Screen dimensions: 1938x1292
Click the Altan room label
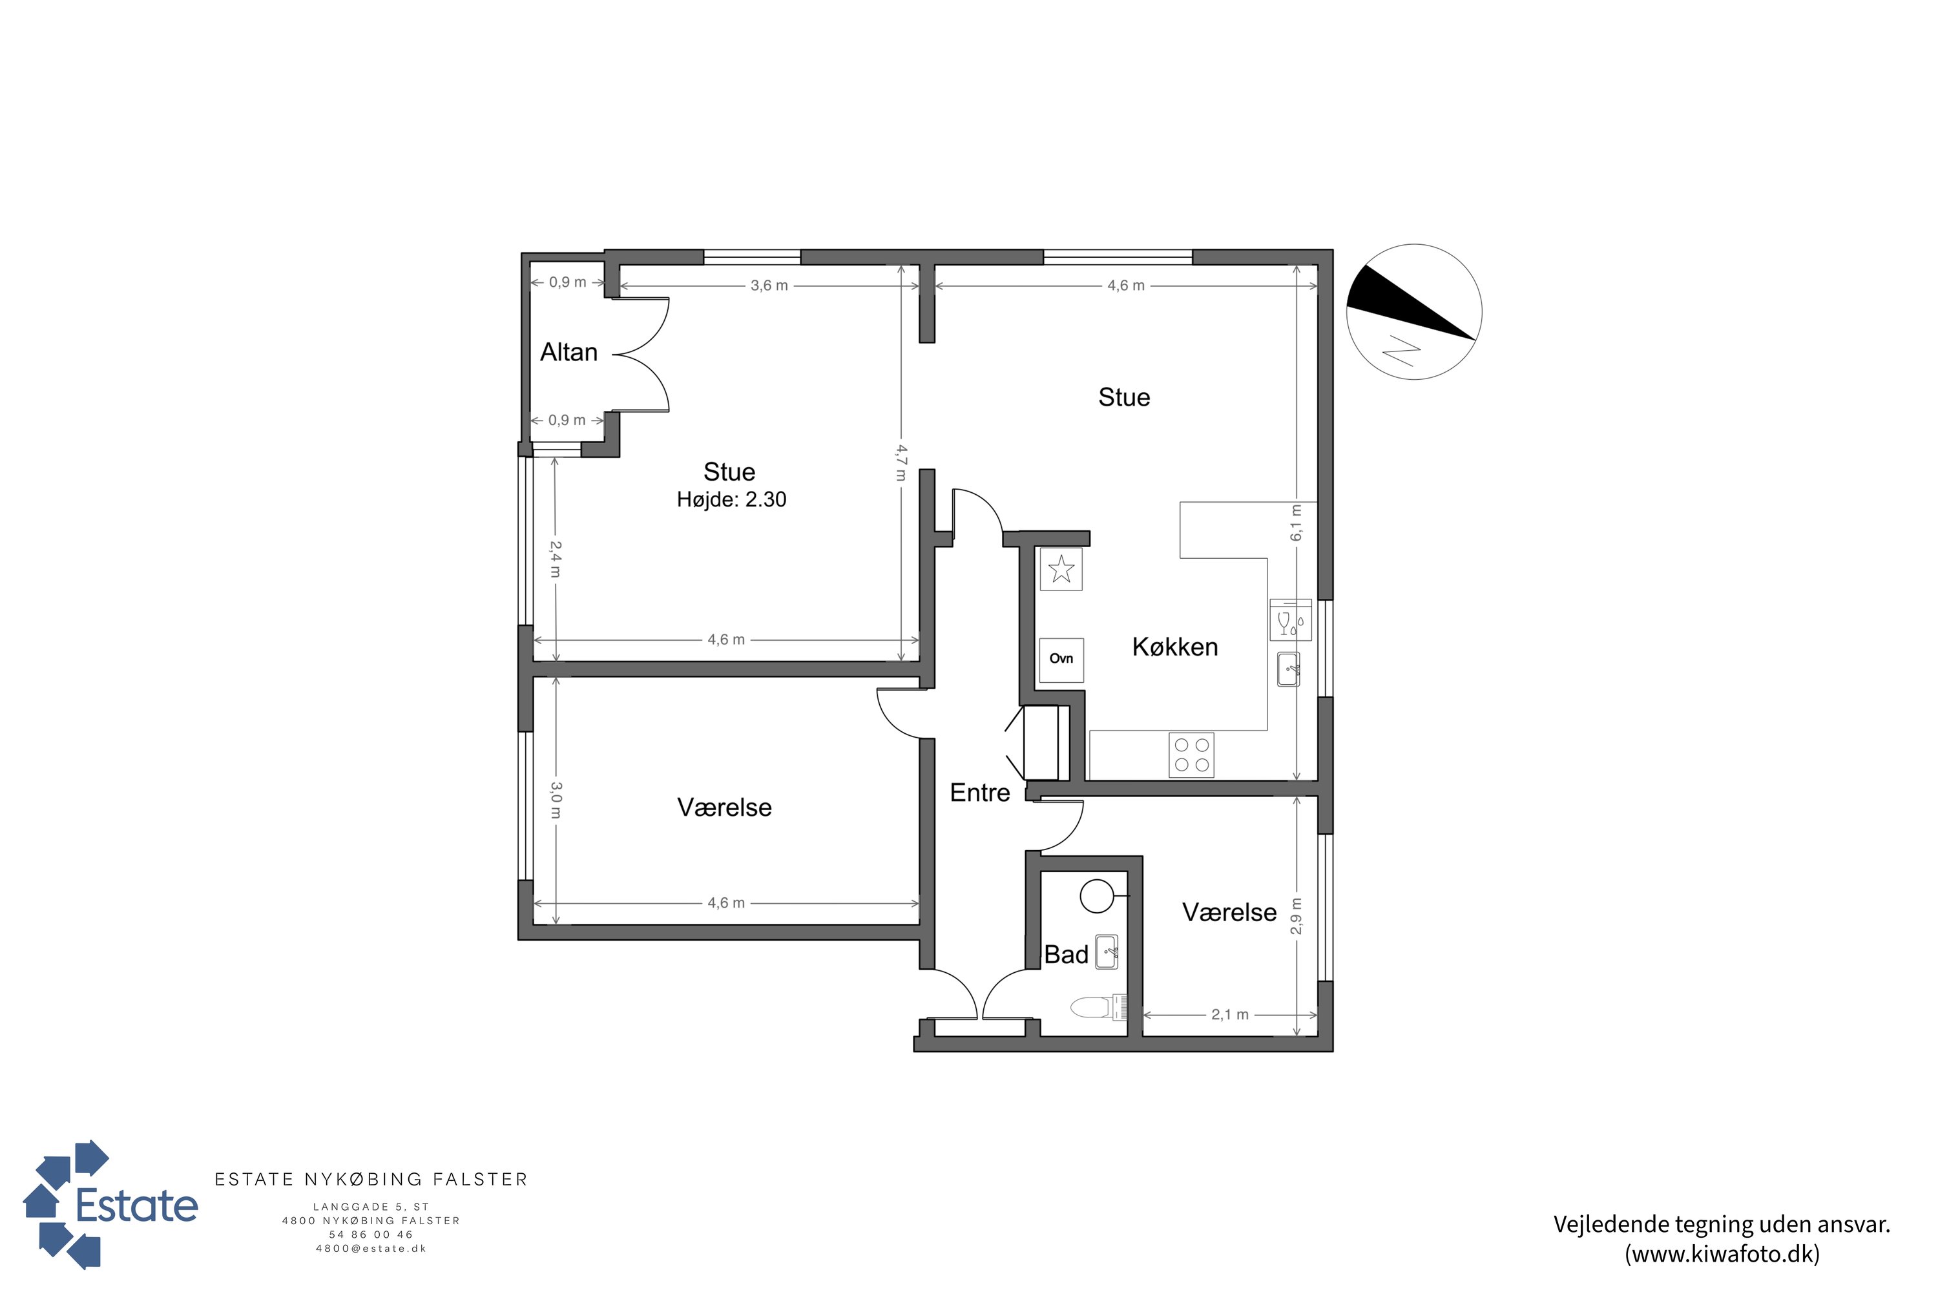click(x=568, y=353)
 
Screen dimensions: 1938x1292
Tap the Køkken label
click(x=1175, y=647)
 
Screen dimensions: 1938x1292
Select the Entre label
click(x=980, y=793)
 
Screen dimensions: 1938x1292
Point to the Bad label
click(x=1067, y=955)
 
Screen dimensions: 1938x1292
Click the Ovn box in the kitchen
click(x=1061, y=659)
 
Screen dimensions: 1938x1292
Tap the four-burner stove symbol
click(x=1191, y=755)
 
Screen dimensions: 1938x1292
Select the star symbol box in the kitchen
click(x=1061, y=568)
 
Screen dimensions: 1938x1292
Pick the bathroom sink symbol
click(x=1107, y=952)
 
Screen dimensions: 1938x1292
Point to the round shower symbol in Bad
click(x=1097, y=897)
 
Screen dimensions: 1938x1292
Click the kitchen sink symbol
click(x=1289, y=669)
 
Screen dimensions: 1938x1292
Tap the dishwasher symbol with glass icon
click(x=1290, y=620)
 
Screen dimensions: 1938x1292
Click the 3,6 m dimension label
click(x=769, y=286)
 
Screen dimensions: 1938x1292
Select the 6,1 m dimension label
click(x=1296, y=523)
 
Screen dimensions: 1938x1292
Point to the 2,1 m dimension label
click(x=1229, y=1015)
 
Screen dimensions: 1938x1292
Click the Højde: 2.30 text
click(x=732, y=499)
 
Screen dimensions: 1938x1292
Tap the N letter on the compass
click(x=1402, y=350)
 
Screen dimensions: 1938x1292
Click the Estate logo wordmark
click(x=137, y=1206)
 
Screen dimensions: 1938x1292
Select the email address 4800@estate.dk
click(x=371, y=1248)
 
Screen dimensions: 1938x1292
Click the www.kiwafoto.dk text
click(x=1722, y=1254)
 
